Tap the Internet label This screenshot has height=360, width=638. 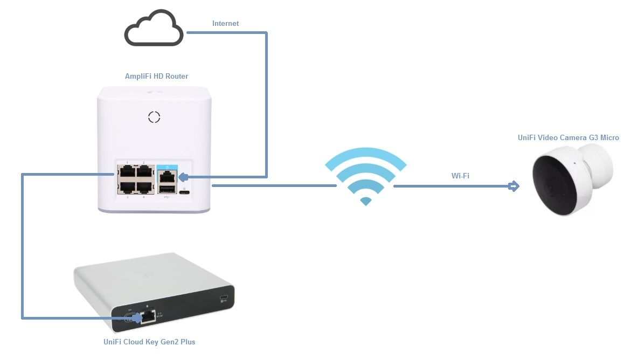[225, 24]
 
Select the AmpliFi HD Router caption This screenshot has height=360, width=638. [156, 77]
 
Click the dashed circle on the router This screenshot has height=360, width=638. [155, 117]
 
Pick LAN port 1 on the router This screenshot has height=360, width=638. [127, 172]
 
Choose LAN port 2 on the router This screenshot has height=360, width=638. [144, 172]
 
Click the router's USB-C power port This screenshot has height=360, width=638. [185, 193]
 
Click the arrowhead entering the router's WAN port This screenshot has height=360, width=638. [183, 177]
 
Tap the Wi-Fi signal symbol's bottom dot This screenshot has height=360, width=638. [366, 202]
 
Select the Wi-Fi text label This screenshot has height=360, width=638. [460, 176]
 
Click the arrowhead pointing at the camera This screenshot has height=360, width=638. [514, 186]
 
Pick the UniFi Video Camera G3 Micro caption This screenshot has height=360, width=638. [568, 138]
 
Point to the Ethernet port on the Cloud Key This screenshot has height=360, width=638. [148, 317]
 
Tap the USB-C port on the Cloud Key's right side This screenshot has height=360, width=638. [224, 299]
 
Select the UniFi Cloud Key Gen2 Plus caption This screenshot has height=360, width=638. [149, 342]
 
